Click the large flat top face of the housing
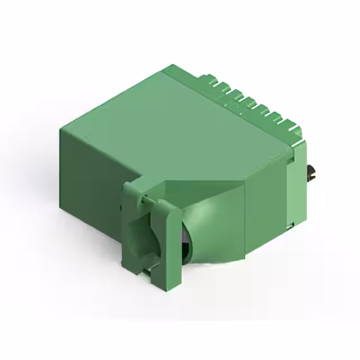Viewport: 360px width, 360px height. click(x=180, y=124)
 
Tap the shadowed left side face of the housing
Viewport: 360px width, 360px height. click(x=90, y=169)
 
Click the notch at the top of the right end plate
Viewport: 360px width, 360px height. click(x=292, y=161)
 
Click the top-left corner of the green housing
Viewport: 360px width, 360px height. click(x=61, y=129)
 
